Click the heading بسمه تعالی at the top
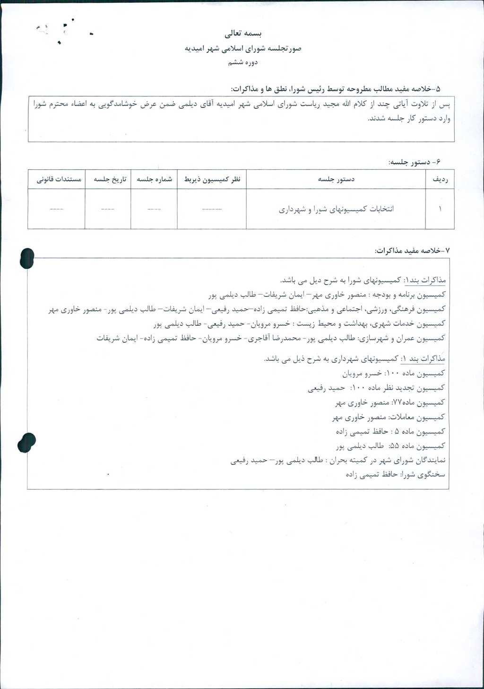click(x=243, y=34)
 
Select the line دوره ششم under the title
click(x=242, y=62)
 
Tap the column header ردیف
click(x=440, y=179)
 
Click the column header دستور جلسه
click(x=336, y=179)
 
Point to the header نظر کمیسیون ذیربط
click(x=212, y=179)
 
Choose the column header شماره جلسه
click(x=155, y=179)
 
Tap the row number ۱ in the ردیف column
click(x=440, y=209)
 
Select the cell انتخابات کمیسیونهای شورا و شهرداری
click(x=336, y=209)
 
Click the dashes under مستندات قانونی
click(x=56, y=209)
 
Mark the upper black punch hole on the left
click(x=27, y=258)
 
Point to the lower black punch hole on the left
click(x=26, y=443)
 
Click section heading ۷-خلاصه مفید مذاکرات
click(x=413, y=250)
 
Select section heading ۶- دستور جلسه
click(x=415, y=162)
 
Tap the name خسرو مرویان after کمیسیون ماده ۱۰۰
click(x=362, y=374)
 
